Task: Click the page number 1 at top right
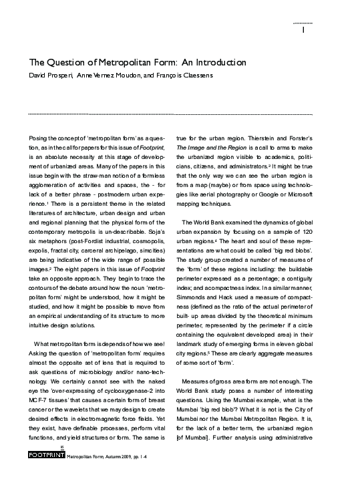(304, 30)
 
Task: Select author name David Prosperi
(50, 75)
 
